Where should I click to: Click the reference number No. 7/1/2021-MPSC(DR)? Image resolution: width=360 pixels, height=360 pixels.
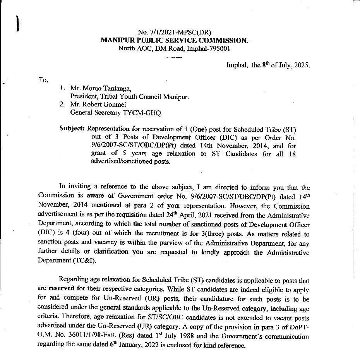coord(175,33)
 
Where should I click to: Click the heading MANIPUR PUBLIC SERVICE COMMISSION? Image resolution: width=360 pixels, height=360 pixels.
coord(175,40)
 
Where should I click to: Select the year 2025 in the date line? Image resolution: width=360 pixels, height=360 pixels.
coord(301,65)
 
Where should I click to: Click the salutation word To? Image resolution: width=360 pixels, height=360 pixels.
coord(43,80)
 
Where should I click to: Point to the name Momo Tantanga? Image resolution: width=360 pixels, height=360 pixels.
coord(103,89)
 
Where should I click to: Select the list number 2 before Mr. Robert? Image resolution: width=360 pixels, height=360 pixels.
coord(62,105)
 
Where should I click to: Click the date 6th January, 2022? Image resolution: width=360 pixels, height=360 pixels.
coord(113,345)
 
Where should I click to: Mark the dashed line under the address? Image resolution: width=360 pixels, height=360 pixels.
coord(174,57)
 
